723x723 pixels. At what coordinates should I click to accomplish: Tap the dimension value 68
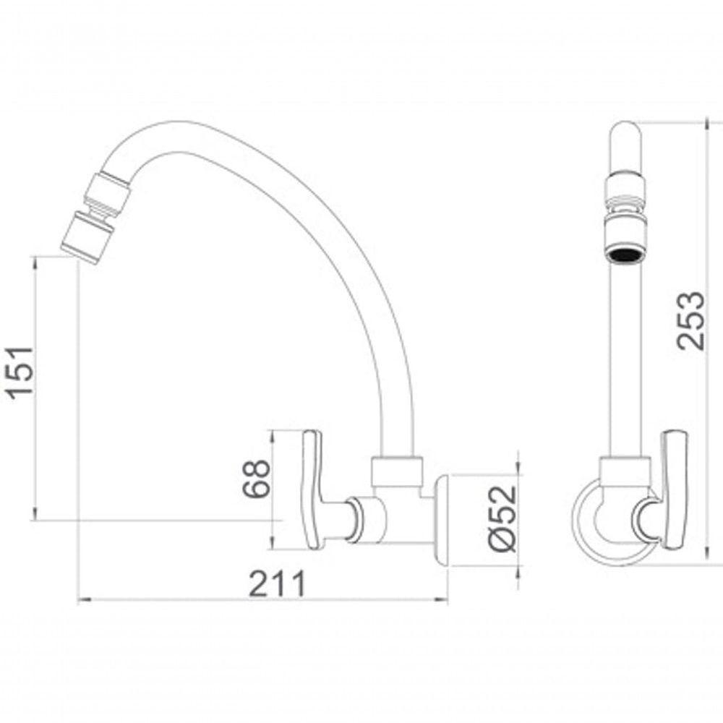257,478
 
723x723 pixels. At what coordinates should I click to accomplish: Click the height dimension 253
692,320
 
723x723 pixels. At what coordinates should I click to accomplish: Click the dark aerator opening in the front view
624,254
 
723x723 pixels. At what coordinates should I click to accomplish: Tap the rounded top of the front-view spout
624,137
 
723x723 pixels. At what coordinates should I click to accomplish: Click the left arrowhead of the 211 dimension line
81,599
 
